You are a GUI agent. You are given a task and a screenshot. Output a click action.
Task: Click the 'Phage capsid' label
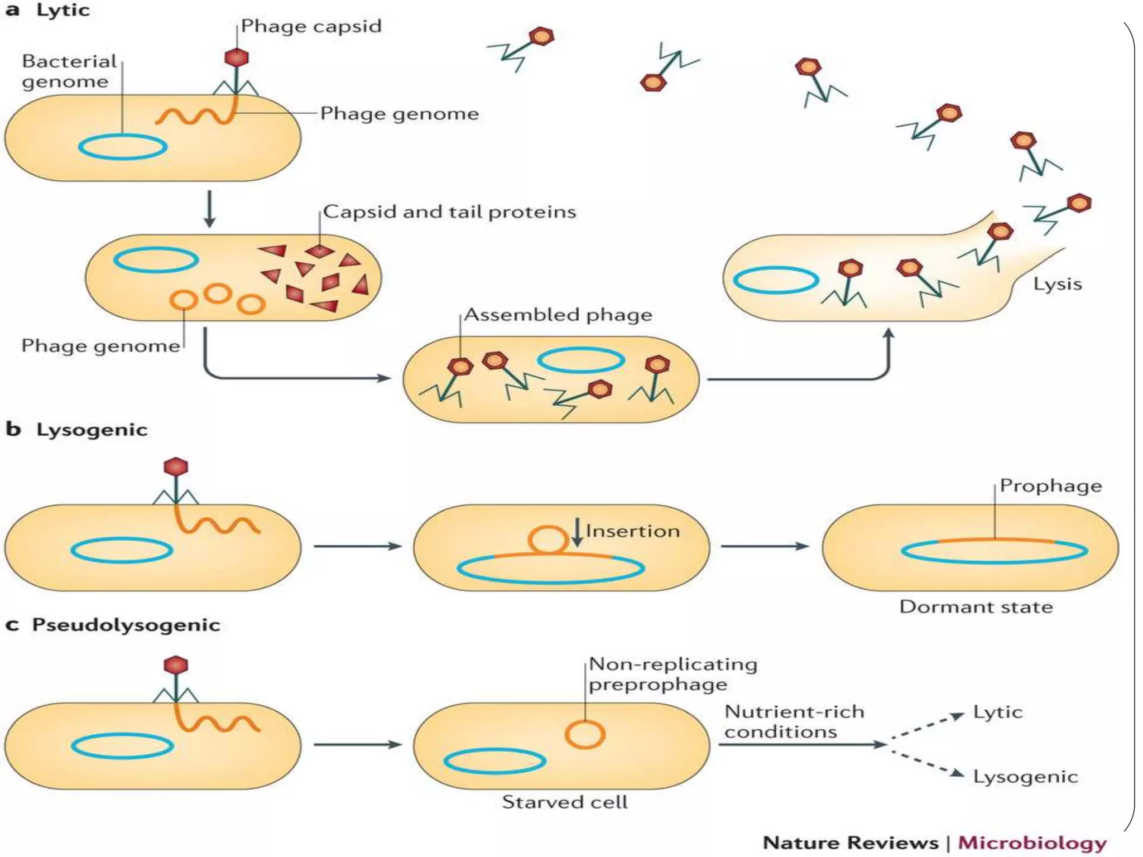311,26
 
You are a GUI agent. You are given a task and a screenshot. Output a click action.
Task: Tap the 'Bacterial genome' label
69,71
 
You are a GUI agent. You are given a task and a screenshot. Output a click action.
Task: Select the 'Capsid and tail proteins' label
449,212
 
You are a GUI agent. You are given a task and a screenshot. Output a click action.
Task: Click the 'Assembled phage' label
558,315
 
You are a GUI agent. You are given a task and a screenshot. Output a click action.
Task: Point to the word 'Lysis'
1057,284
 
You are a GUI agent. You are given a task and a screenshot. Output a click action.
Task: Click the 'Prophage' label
1050,486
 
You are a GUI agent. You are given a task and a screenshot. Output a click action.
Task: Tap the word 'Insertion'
632,531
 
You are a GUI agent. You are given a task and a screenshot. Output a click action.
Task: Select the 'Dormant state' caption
976,607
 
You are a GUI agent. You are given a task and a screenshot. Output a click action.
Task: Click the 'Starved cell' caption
564,802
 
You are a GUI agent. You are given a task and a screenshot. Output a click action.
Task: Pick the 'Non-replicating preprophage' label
673,674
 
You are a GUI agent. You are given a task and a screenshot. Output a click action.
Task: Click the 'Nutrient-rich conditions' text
794,721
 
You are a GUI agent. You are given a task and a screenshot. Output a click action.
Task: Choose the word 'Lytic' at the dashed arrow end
997,712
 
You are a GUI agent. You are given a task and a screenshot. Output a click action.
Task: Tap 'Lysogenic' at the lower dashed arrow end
1025,777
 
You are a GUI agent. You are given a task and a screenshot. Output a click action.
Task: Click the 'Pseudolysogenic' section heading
126,625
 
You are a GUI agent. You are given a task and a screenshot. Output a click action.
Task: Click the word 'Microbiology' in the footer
1032,843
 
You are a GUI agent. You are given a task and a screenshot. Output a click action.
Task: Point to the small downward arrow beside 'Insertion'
577,533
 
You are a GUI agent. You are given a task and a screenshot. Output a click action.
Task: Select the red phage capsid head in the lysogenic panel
176,467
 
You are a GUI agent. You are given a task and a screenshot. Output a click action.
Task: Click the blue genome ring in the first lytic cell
123,147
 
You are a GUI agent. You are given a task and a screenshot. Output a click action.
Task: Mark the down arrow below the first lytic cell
209,209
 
